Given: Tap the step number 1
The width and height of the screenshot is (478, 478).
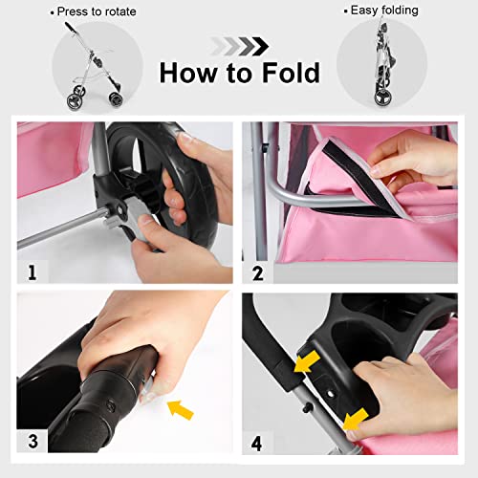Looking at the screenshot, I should tap(33, 272).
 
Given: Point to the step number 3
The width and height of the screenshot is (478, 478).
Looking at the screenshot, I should tap(33, 442).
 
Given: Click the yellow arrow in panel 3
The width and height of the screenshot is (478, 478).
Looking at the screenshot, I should tap(179, 408).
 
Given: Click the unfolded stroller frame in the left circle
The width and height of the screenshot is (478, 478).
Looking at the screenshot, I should tap(90, 67).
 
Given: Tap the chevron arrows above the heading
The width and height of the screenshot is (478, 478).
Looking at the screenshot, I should tap(239, 43).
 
